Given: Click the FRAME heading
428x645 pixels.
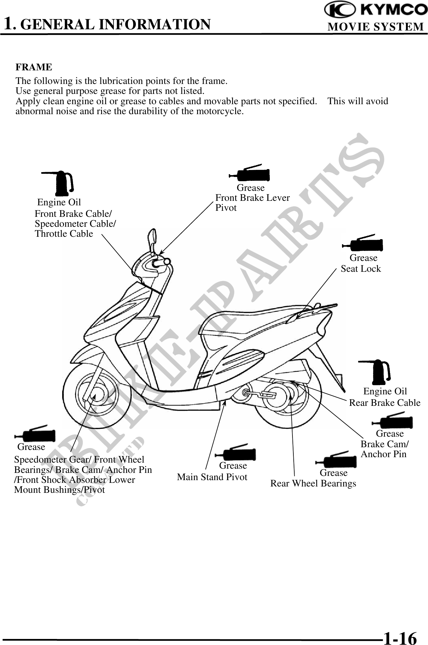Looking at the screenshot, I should (34, 67).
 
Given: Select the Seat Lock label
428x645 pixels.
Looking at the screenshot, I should (361, 268).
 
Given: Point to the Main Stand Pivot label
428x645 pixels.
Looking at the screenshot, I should (212, 477).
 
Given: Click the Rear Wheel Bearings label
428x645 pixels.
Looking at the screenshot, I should (313, 483).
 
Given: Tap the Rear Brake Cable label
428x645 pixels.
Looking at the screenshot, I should (385, 403).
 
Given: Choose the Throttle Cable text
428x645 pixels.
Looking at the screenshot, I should (64, 234).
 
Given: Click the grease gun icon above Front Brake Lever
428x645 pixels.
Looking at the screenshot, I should (251, 173).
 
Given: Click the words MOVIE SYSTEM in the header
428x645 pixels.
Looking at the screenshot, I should (376, 27).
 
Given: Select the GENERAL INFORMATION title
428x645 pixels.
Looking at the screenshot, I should (116, 24).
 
